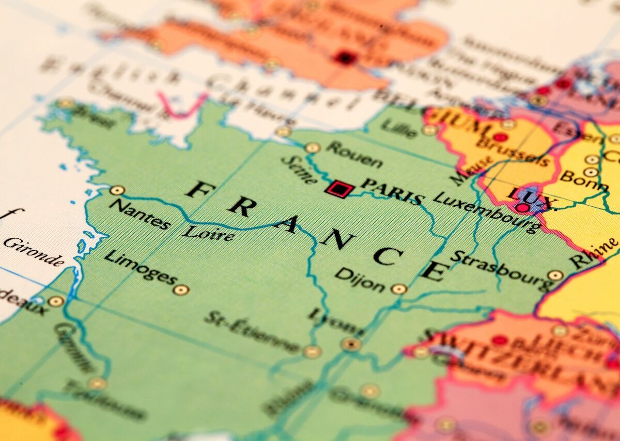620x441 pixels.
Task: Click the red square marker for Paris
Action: coord(338,189)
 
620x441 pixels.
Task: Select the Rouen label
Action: coord(354,154)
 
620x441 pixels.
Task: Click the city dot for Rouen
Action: coord(313,148)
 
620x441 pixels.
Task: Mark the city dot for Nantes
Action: coord(117,190)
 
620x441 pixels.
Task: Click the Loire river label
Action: coord(208,233)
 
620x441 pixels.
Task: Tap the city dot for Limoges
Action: coord(181,290)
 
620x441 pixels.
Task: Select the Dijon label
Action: coord(360,280)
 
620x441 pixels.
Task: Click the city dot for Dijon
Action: coord(399,289)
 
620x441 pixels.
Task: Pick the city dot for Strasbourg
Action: coord(556,276)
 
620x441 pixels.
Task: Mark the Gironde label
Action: coord(34,251)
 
